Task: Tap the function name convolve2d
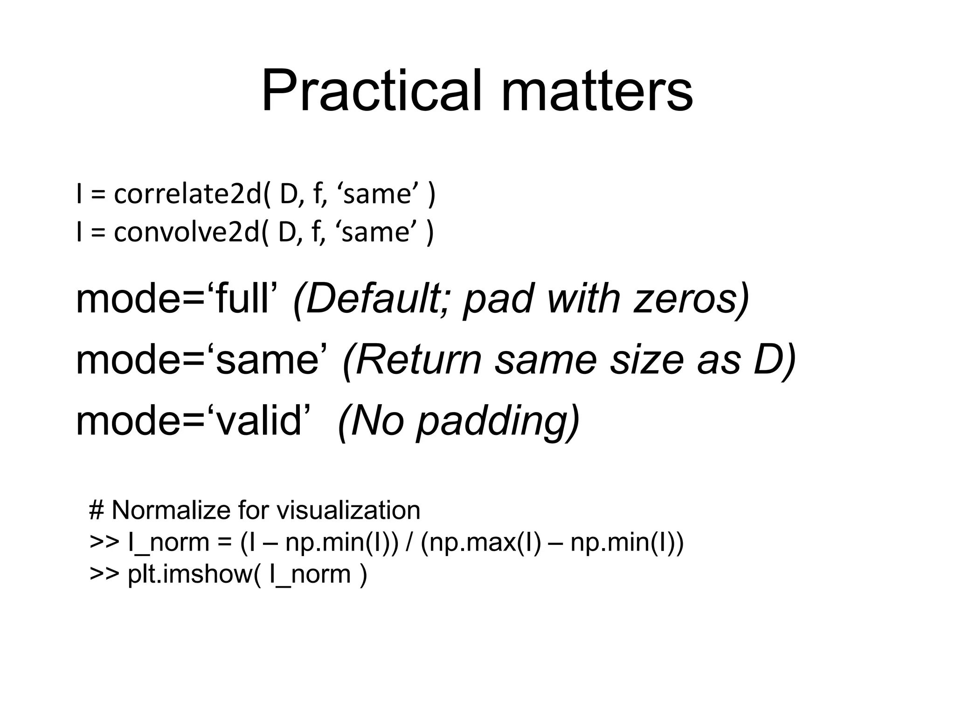click(x=187, y=232)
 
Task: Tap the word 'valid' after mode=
click(x=259, y=421)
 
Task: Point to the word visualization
click(x=349, y=510)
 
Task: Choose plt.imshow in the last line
click(x=190, y=574)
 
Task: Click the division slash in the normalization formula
click(x=409, y=542)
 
